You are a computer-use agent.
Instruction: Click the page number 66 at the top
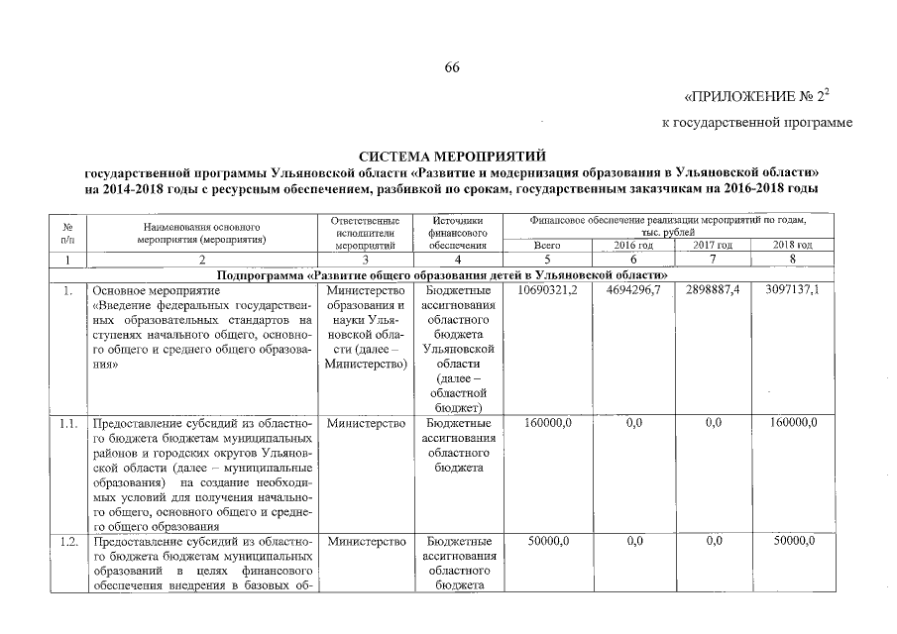pyautogui.click(x=452, y=67)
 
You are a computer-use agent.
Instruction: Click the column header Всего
pyautogui.click(x=547, y=245)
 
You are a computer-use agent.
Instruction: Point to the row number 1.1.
pyautogui.click(x=68, y=424)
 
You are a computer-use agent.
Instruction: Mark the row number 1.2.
pyautogui.click(x=68, y=542)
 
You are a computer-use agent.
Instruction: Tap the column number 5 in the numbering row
pyautogui.click(x=547, y=260)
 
